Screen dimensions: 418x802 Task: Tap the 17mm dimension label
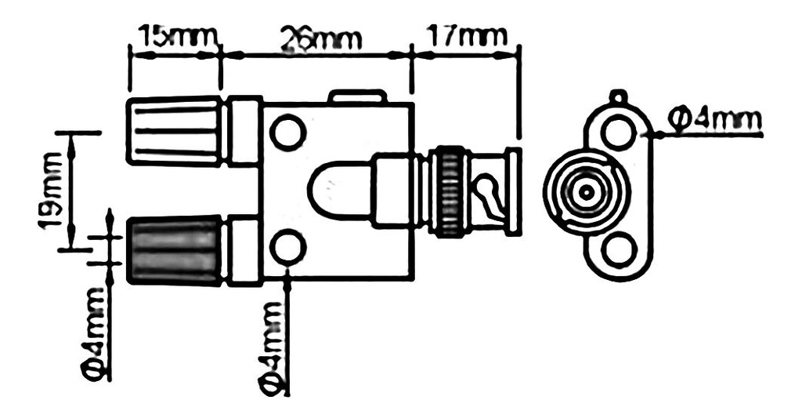(x=465, y=35)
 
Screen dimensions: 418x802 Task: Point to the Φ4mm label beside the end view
(x=715, y=118)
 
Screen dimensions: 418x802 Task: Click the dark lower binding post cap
(x=174, y=250)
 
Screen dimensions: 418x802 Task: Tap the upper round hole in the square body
(x=287, y=132)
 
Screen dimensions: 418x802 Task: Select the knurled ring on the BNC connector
(x=449, y=191)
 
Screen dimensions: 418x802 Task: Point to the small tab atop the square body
(x=356, y=96)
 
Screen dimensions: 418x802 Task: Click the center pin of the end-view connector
(x=585, y=191)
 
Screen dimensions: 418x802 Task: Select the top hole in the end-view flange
(x=619, y=130)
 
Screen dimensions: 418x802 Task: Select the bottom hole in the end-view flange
(x=619, y=252)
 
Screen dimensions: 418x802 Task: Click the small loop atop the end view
(x=619, y=97)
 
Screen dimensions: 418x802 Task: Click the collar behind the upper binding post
(x=244, y=131)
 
